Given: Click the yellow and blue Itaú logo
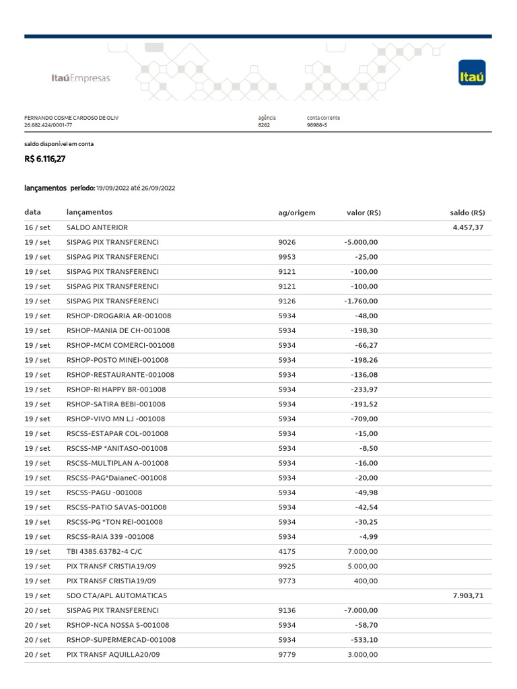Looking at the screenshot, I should tap(471, 73).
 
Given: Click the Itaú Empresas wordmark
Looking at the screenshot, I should tap(81, 78).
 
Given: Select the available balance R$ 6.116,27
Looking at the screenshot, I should tap(45, 159).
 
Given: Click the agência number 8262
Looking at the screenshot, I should tap(264, 125).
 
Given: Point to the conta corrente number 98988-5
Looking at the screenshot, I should tap(317, 125).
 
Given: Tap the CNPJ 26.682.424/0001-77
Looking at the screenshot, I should tap(48, 125).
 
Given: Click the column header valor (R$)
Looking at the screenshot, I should tap(364, 213).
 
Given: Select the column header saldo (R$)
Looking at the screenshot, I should tap(467, 213).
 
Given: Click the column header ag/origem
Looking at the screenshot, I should tap(296, 213).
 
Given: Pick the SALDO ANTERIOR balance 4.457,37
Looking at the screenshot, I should tap(468, 227).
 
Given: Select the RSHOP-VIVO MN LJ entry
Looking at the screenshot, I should tap(116, 419).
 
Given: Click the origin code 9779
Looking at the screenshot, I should tap(287, 655).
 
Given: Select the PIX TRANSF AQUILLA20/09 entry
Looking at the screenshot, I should tap(113, 655).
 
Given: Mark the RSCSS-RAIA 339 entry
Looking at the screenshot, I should tap(110, 537).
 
